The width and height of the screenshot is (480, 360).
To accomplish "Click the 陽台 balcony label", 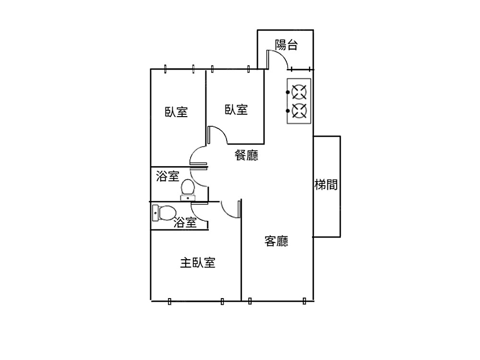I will (286, 45).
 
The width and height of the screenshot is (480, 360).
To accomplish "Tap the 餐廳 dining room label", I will (246, 155).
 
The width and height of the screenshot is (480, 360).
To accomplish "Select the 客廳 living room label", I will (276, 241).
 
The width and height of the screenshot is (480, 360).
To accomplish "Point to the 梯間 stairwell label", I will (326, 185).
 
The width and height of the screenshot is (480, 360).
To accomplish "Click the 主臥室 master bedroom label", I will (197, 263).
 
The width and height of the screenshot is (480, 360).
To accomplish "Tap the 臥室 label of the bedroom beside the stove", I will (236, 110).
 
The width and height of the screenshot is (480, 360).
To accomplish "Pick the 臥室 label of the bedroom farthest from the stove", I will (176, 112).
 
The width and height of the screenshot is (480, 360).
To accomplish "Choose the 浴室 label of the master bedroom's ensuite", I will (185, 222).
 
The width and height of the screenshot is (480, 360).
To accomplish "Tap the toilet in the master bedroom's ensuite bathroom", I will (163, 212).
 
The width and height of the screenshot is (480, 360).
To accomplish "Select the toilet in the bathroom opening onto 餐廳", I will (188, 189).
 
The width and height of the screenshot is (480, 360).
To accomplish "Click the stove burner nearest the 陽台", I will (299, 91).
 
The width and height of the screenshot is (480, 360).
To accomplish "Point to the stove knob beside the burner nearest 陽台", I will (288, 91).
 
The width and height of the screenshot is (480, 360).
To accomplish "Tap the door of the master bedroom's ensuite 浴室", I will (200, 212).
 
